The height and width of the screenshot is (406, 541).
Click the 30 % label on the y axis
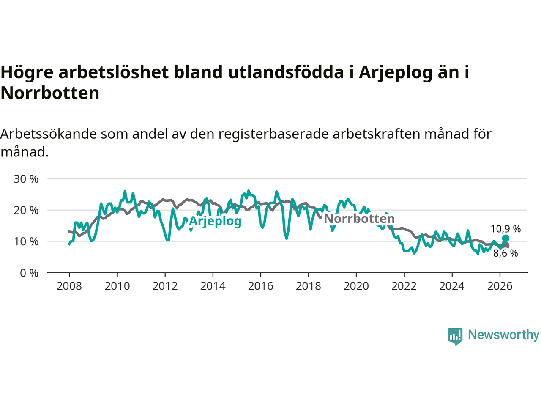coord(26,179)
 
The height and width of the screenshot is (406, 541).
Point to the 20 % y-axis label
coord(26,211)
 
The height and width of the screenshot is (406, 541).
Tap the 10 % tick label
coord(26,241)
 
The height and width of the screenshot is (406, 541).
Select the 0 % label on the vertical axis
coord(29,273)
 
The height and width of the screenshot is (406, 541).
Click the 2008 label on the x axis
coord(69,286)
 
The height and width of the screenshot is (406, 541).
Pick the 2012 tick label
coord(165,286)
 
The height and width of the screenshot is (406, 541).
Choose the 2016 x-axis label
coord(260,286)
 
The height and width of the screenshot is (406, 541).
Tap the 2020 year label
coord(356,286)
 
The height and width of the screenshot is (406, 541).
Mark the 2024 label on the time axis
coord(452,286)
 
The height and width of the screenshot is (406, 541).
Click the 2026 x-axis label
coord(500,286)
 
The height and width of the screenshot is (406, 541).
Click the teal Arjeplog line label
coord(215,221)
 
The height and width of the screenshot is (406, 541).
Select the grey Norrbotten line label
coord(359,219)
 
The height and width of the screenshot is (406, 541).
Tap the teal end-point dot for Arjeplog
coord(505,239)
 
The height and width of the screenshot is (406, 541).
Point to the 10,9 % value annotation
coord(505,229)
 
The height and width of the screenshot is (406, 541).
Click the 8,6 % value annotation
coord(505,253)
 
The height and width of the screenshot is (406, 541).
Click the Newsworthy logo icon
coord(455,336)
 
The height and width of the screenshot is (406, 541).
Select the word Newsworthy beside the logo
coord(503,335)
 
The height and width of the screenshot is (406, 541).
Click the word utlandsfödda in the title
coord(286,72)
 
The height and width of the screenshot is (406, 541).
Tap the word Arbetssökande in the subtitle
coord(48,134)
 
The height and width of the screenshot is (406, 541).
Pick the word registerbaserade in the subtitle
coord(273,134)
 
